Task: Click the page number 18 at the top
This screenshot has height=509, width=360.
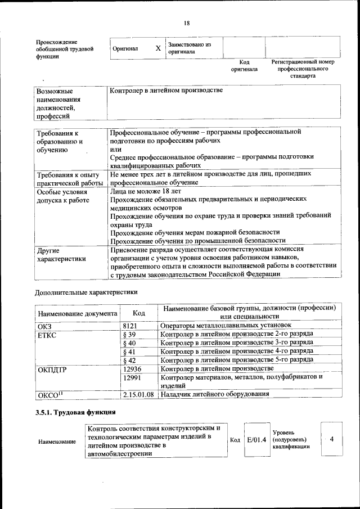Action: click(187, 22)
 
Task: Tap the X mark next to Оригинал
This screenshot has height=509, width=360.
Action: click(158, 48)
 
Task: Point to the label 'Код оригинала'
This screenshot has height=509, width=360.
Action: click(244, 66)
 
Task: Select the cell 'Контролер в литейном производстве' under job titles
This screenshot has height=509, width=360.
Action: click(166, 90)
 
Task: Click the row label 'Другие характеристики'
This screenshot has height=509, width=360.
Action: click(61, 254)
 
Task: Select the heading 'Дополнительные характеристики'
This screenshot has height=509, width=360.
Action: click(85, 292)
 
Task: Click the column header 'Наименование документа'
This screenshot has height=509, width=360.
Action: click(78, 313)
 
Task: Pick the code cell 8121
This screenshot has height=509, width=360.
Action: click(130, 326)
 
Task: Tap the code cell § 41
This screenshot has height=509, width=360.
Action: click(129, 352)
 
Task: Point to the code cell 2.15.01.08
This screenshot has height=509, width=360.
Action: click(138, 395)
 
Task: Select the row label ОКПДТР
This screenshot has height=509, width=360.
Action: click(53, 369)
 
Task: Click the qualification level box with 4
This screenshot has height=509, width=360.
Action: click(332, 439)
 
